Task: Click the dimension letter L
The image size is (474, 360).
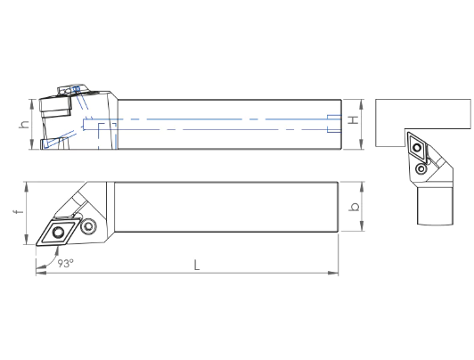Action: click(197, 265)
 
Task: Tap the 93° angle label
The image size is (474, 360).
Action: click(66, 263)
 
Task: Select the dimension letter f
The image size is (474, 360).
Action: click(19, 210)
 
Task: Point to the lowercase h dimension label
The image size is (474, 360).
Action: click(24, 124)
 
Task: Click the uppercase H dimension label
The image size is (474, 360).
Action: click(353, 120)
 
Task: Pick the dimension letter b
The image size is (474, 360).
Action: click(354, 207)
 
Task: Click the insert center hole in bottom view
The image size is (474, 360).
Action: click(58, 233)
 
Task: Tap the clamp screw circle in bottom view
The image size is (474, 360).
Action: click(88, 226)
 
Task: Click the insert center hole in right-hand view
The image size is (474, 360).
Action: click(417, 148)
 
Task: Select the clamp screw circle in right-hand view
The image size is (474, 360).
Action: click(421, 168)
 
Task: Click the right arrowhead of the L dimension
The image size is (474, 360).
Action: click(333, 273)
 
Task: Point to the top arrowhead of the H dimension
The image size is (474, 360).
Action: click(360, 104)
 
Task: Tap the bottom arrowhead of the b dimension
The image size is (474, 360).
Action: click(361, 226)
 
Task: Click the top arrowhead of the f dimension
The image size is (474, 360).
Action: click(27, 187)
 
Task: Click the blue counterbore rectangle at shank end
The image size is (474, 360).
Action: click(334, 124)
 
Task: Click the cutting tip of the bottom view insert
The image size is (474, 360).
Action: click(37, 245)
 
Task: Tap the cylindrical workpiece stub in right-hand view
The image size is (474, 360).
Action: click(436, 206)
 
